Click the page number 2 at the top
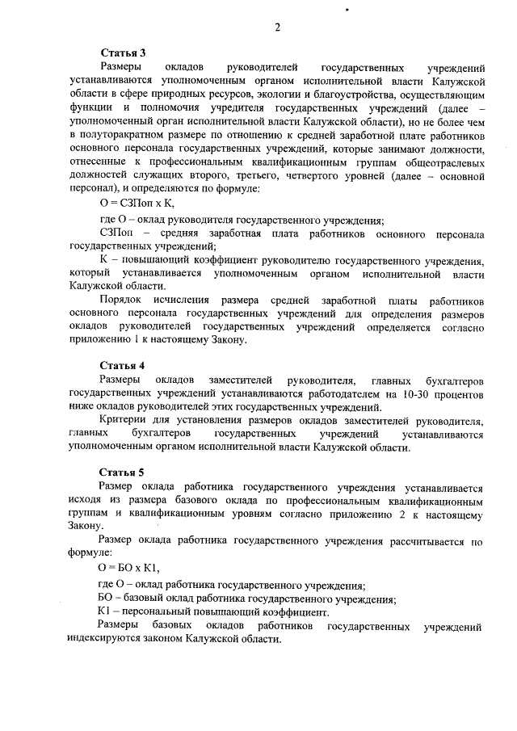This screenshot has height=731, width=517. tap(277, 27)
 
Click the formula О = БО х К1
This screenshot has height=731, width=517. tap(129, 568)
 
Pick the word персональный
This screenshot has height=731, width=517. tap(155, 612)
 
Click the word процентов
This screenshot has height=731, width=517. tap(459, 395)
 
